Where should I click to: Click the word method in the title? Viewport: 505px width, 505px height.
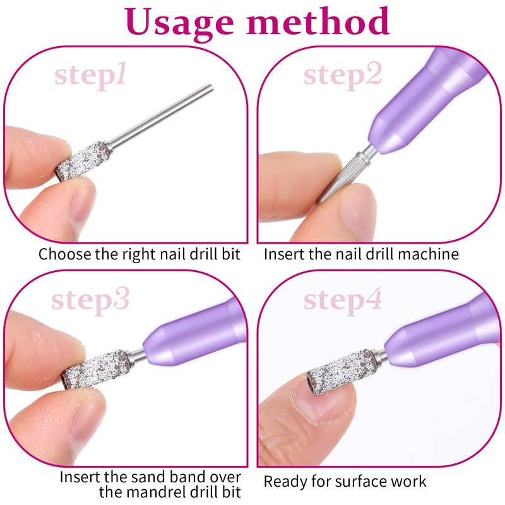[318, 20]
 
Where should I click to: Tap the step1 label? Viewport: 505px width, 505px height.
[90, 75]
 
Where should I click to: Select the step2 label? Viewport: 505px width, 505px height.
[343, 75]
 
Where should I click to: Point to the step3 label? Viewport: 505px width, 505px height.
[90, 300]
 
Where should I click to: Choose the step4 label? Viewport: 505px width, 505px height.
[343, 300]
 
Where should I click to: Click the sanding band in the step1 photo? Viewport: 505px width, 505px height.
[84, 160]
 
